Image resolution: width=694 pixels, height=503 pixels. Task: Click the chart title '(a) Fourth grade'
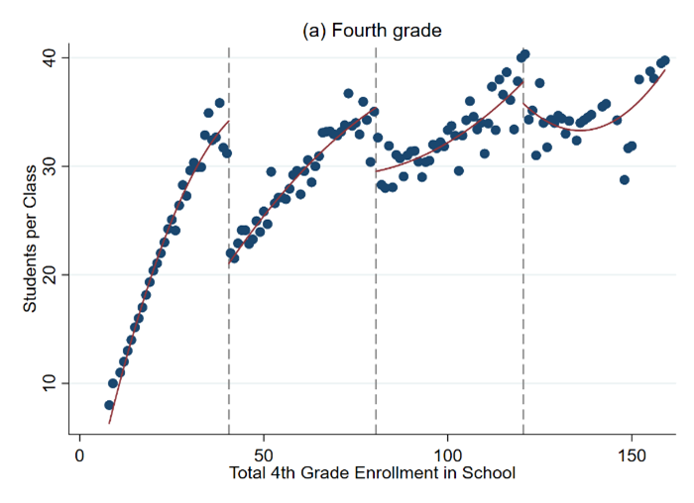point(372,31)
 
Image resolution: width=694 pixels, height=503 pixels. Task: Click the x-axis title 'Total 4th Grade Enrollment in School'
point(371,473)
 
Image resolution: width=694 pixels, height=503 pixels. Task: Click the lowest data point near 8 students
point(109,405)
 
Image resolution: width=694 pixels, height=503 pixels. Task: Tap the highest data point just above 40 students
point(524,54)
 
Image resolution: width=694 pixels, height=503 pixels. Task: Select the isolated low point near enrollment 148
point(624,179)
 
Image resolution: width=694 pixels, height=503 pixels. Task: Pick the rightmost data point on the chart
point(664,60)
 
